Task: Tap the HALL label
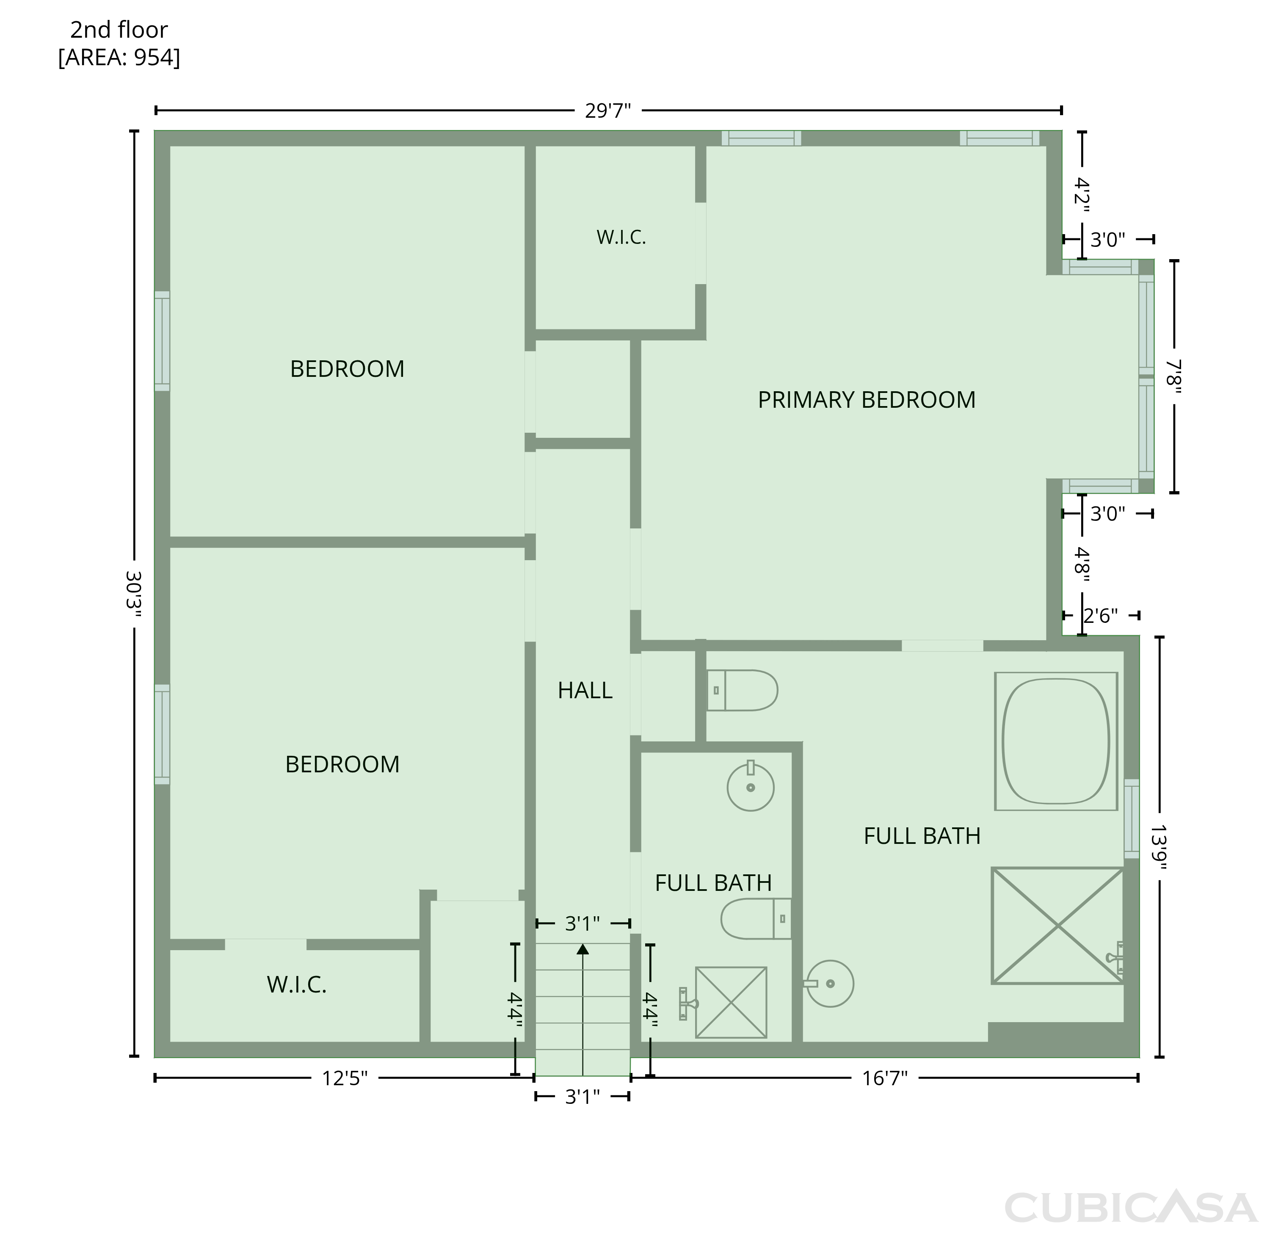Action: [x=585, y=690]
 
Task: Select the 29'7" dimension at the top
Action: [x=608, y=111]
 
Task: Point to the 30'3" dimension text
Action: [x=133, y=594]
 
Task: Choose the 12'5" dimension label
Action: [x=345, y=1078]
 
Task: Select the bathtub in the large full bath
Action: [x=1056, y=741]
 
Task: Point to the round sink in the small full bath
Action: [x=750, y=786]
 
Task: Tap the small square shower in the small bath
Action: [x=731, y=1002]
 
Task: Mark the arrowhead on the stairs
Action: [x=583, y=949]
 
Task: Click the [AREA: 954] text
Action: [x=119, y=58]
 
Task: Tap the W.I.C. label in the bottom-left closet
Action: [x=297, y=985]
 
